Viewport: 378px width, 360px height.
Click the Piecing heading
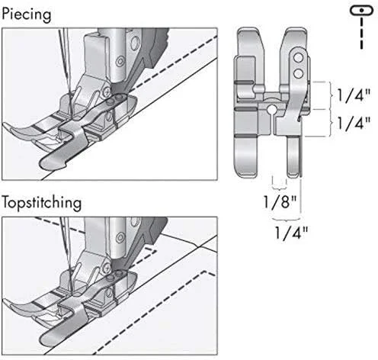pos(27,15)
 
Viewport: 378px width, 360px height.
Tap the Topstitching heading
pos(42,203)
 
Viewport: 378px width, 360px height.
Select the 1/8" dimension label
pos(280,202)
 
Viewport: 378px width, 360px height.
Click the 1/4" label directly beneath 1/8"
pos(291,233)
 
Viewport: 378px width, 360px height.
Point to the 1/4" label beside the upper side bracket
pos(354,95)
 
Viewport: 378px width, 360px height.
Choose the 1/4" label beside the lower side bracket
pos(354,123)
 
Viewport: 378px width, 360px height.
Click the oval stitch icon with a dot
pos(361,11)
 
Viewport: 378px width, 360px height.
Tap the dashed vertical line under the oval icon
pos(361,33)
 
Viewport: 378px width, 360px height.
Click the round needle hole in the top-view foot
pos(271,109)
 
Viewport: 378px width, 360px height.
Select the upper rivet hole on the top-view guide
pos(298,58)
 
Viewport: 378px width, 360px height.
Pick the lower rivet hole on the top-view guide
pos(298,74)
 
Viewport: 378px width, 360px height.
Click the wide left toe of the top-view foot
pos(245,156)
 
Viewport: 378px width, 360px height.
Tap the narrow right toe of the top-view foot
pos(293,157)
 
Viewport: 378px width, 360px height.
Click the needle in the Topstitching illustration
pos(66,254)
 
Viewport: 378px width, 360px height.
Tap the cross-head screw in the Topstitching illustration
pos(107,268)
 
